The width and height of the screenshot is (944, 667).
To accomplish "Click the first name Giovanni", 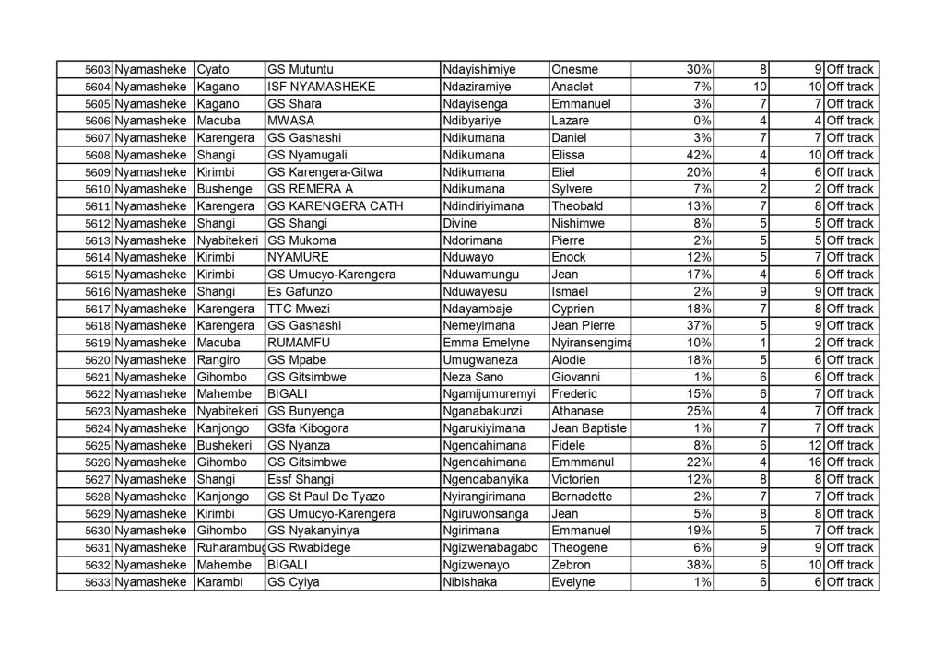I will coord(575,377).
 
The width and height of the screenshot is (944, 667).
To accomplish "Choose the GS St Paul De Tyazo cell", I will coord(326,497).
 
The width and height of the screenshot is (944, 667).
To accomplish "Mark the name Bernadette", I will coord(581,497).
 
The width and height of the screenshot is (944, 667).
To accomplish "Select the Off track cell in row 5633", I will coord(850,582).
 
